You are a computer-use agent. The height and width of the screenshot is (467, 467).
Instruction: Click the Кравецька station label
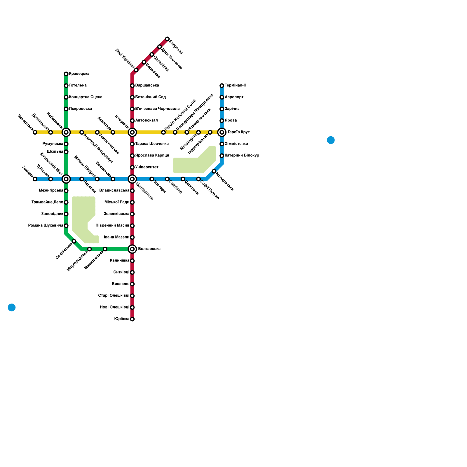79,74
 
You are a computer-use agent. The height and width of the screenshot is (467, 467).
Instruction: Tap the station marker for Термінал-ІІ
222,86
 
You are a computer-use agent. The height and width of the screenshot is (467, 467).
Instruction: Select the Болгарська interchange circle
132,249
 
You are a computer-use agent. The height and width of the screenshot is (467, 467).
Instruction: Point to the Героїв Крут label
239,132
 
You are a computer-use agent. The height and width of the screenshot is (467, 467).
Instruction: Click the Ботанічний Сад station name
150,97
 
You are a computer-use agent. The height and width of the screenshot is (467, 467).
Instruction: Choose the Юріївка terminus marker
132,319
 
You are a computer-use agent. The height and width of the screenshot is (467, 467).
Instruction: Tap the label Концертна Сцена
86,97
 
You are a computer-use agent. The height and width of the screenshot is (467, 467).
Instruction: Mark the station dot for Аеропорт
222,97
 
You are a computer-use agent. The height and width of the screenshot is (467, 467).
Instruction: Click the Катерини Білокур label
242,156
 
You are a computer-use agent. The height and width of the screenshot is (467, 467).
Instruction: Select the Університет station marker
132,167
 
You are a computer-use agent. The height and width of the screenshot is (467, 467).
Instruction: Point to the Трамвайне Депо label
47,202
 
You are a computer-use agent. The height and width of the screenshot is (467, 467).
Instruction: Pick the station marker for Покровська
66,109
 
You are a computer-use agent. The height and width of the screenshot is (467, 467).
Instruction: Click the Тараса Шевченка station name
152,144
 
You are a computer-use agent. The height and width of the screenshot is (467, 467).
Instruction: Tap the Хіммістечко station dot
222,144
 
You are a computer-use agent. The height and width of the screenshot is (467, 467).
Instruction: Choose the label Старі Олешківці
114,296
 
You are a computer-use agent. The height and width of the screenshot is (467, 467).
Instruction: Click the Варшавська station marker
132,86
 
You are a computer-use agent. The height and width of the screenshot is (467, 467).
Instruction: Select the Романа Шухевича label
46,226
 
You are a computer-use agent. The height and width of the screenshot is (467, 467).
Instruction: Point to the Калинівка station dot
132,261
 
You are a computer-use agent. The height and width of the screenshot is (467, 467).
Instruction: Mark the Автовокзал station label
146,121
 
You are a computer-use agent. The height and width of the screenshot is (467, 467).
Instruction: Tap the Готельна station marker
66,86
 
